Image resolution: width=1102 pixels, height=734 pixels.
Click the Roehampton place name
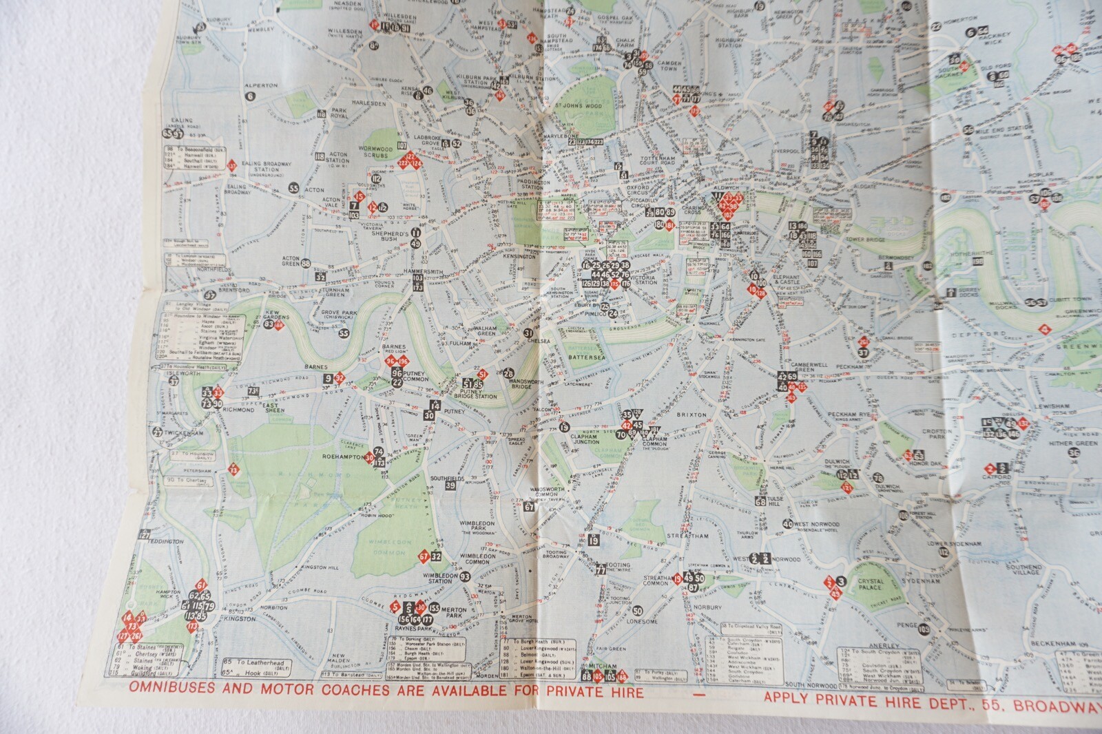[342, 456]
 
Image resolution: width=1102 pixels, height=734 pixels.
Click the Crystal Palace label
[871, 585]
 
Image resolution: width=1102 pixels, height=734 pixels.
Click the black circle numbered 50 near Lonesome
[637, 611]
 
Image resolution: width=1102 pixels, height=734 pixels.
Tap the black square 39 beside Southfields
[450, 485]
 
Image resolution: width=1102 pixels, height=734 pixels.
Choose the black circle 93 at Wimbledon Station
[465, 577]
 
